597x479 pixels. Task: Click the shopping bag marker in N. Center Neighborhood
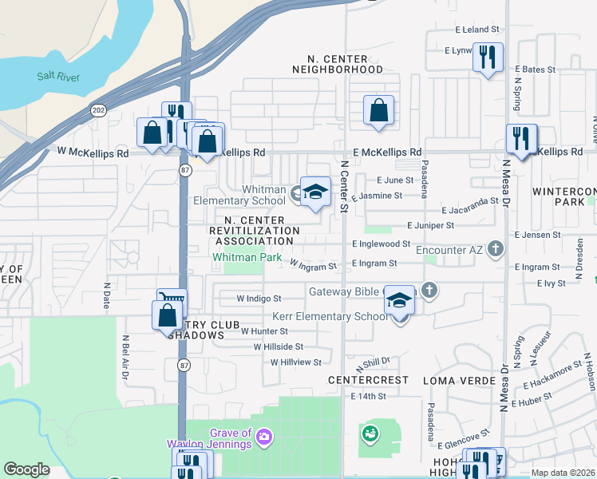coord(379,111)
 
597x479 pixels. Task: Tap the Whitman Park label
coord(246,258)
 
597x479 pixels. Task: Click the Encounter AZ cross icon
coord(495,248)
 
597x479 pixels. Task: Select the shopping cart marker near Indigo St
coord(172,301)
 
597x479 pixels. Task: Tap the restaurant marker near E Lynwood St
coord(488,58)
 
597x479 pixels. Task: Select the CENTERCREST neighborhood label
coord(368,380)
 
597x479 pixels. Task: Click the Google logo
coord(26,469)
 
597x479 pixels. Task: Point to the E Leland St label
coord(476,30)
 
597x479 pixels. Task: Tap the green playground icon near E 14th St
coord(370,434)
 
